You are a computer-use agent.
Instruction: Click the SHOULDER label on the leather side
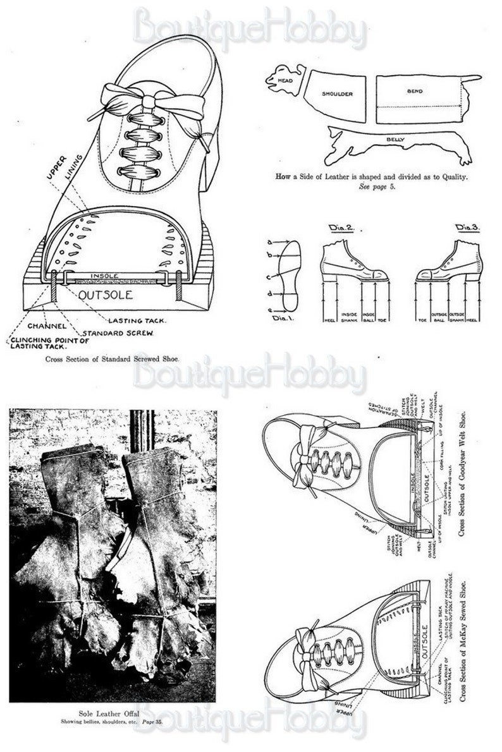pyautogui.click(x=336, y=94)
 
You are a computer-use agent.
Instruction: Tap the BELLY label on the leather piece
pyautogui.click(x=396, y=138)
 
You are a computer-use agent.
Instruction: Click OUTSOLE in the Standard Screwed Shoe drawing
pyautogui.click(x=104, y=294)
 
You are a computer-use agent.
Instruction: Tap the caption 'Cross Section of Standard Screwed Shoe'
pyautogui.click(x=112, y=358)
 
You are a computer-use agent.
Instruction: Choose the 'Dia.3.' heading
pyautogui.click(x=468, y=226)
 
